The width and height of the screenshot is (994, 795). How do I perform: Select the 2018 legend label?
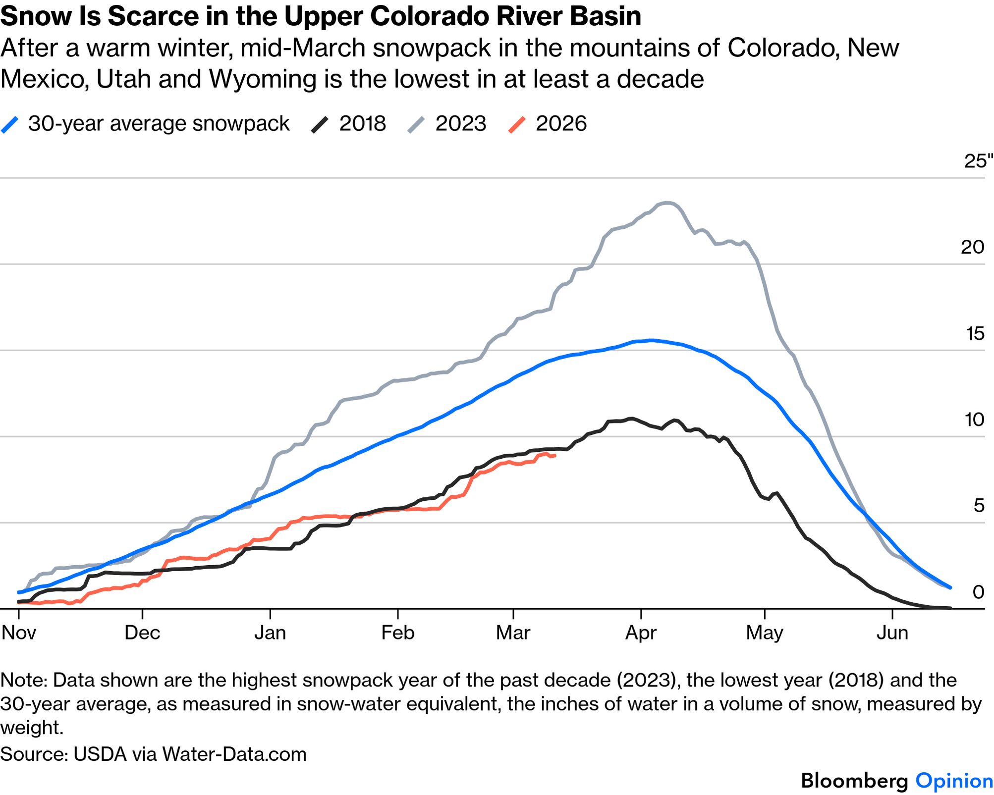(x=362, y=123)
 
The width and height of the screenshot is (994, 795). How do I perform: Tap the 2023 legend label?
(x=461, y=123)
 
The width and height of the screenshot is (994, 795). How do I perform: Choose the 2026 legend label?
(x=561, y=123)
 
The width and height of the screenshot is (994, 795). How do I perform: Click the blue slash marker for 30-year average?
(x=10, y=124)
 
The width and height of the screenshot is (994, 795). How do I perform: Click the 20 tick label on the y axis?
(x=972, y=247)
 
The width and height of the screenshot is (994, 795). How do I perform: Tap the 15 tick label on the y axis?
(x=975, y=333)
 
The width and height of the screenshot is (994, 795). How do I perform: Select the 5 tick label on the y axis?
(x=979, y=505)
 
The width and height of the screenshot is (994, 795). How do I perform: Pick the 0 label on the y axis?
(x=978, y=591)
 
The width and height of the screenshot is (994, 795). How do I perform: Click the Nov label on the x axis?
(x=19, y=633)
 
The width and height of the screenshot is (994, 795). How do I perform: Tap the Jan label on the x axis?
(x=270, y=633)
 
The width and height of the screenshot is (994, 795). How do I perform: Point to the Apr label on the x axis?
(x=641, y=633)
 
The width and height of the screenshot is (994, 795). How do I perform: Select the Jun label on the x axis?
(x=892, y=633)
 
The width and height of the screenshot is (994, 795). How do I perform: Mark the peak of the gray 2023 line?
(x=668, y=202)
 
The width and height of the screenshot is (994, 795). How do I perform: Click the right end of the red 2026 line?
(x=554, y=455)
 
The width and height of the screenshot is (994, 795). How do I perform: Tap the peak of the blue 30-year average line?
(x=652, y=340)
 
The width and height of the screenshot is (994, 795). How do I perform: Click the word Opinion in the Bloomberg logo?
(x=954, y=781)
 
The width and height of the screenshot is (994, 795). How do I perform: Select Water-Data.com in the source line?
(x=234, y=754)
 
